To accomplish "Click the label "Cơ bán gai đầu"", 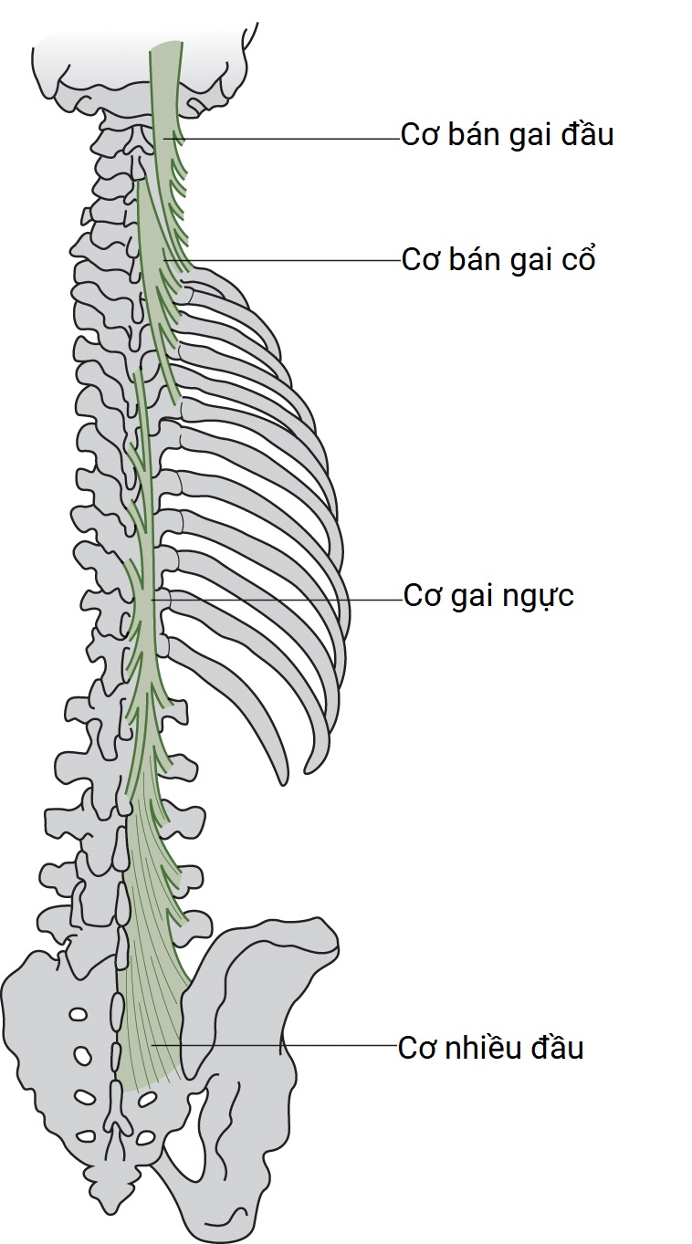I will (x=507, y=135).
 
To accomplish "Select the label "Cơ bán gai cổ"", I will (x=498, y=260).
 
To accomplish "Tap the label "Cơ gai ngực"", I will (x=488, y=597).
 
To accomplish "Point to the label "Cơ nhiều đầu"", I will (x=490, y=1048).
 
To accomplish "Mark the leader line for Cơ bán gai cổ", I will (x=292, y=261).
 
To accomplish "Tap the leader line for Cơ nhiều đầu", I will (x=274, y=1045).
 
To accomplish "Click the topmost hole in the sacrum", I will (x=79, y=1014).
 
